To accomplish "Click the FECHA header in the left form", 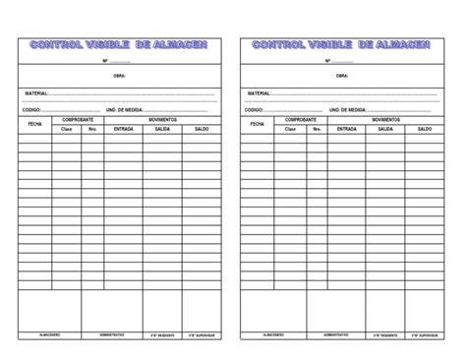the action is coord(34,124).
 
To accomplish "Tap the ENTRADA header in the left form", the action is coord(125,129).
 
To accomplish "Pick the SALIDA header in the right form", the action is coord(385,129).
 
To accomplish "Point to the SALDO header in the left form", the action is coord(203,129).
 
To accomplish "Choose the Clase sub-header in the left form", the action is coord(67,129).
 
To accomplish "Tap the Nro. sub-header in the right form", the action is coord(316,129).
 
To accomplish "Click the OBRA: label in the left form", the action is coord(120,75).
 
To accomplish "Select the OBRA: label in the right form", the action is coord(342,75).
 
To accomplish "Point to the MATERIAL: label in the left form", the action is coord(36,93).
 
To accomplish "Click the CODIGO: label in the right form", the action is coord(254,109).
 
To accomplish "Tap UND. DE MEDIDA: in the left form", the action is coord(125,109).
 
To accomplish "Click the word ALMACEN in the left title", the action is coord(181,45).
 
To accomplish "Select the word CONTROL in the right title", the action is coord(278,45).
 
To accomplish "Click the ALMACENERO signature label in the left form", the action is coord(50,334).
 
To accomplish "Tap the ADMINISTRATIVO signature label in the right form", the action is coord(334,334).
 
